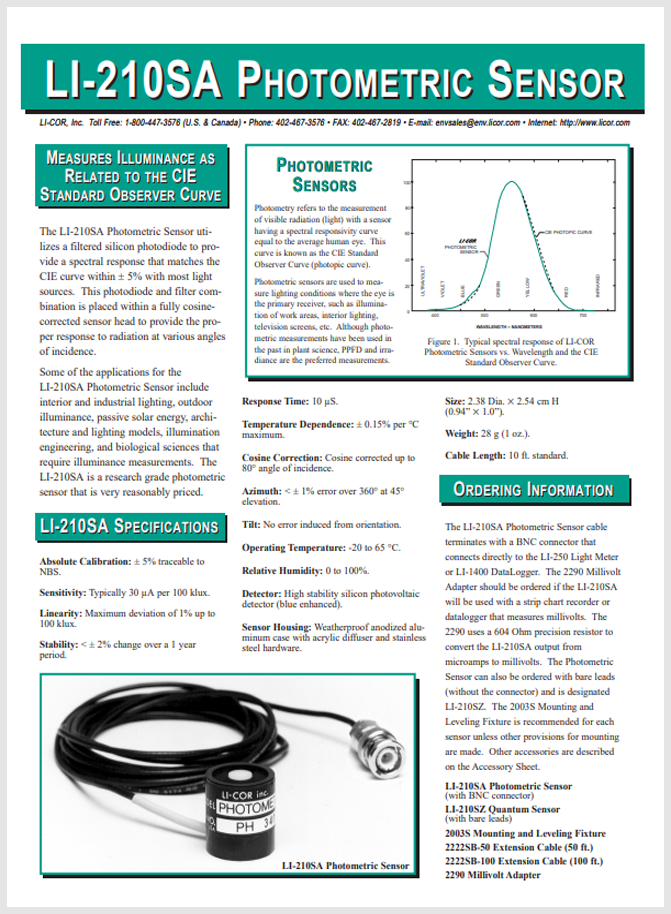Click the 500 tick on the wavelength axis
click(x=485, y=315)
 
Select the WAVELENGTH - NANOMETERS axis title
click(x=509, y=327)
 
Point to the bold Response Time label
click(x=275, y=402)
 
